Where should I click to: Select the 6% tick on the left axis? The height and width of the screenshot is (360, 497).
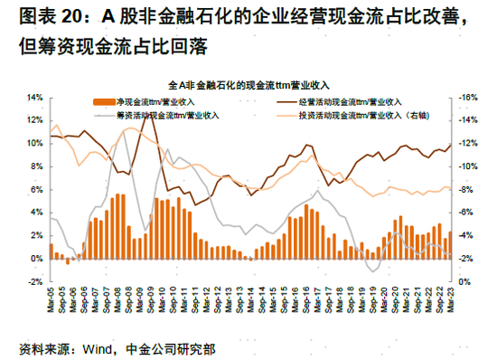coord(35,189)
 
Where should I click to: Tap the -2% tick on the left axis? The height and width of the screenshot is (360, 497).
coord(35,281)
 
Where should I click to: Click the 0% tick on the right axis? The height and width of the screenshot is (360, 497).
coord(464,281)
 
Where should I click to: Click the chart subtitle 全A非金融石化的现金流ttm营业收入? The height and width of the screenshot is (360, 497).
coord(248,83)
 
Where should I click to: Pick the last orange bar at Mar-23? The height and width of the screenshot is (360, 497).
coord(451,245)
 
